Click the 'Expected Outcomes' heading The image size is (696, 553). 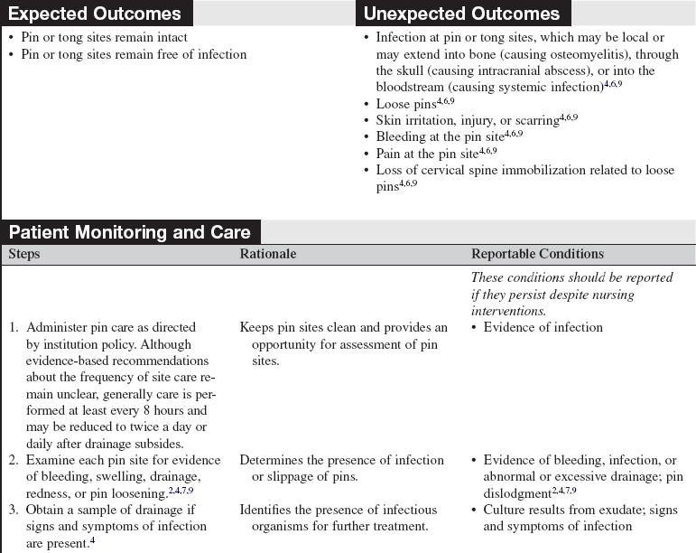pos(94,14)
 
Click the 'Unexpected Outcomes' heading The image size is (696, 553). pos(461,14)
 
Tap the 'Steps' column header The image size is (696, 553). pos(24,254)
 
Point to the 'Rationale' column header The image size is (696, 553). pos(268,254)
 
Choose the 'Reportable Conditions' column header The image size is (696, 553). pos(537,254)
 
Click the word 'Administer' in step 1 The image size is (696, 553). pos(60,327)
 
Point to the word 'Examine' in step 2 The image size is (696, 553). pos(52,460)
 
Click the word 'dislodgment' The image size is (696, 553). pos(516,493)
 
